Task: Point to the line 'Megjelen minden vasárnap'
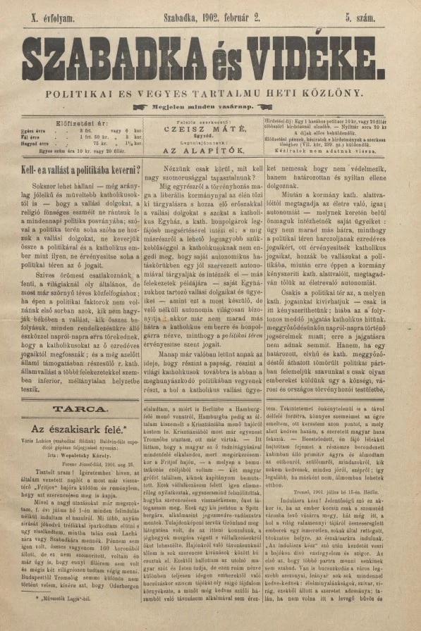click(x=210, y=106)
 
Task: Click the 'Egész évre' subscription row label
click(x=35, y=130)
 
